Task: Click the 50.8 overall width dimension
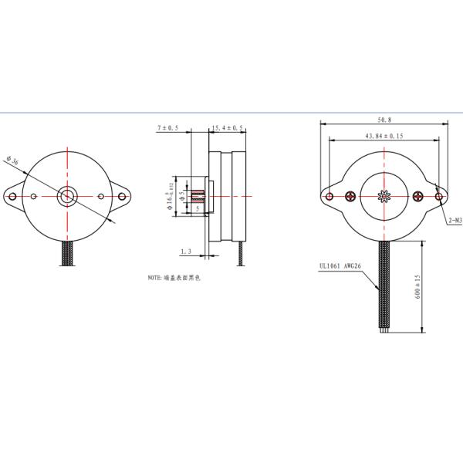pos(383,120)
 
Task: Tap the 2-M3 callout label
pos(455,220)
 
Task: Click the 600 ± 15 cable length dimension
pos(417,287)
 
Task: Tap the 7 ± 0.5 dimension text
pos(167,128)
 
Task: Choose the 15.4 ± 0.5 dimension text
pos(227,128)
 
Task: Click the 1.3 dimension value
pos(185,252)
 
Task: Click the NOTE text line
pos(174,276)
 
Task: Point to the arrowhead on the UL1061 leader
pos(379,290)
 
